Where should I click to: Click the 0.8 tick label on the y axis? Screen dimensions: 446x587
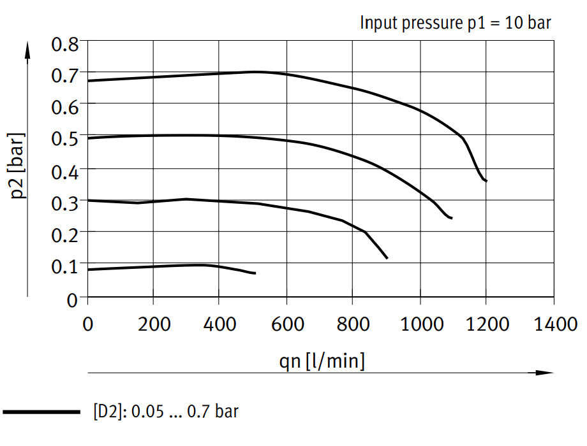[x=65, y=45]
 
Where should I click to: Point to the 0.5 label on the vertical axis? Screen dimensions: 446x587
[x=65, y=138]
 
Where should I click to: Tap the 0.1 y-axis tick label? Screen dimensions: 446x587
[x=65, y=265]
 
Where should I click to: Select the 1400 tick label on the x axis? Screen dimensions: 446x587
[x=553, y=324]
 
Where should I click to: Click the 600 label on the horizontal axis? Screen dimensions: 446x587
[x=286, y=324]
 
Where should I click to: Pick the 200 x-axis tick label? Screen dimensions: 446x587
[x=154, y=324]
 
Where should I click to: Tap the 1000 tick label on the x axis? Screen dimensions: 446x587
[x=420, y=324]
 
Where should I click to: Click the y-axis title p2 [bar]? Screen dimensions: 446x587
[x=19, y=165]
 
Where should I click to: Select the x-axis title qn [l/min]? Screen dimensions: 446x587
[x=322, y=361]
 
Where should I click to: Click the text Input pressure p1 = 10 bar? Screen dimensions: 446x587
[x=456, y=23]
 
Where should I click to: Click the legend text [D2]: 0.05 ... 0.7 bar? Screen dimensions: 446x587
[x=165, y=412]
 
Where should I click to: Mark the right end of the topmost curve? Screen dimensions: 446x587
[x=486, y=181]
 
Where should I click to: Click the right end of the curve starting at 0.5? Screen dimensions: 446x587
[x=452, y=218]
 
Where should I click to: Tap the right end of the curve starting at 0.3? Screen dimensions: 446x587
[x=387, y=258]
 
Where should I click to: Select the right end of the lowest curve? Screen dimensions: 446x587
[x=255, y=273]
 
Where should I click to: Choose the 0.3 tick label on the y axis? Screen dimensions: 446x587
[x=65, y=201]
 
